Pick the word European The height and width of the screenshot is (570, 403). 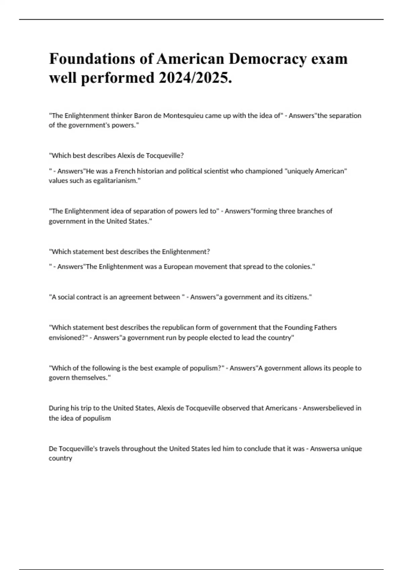coord(177,267)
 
